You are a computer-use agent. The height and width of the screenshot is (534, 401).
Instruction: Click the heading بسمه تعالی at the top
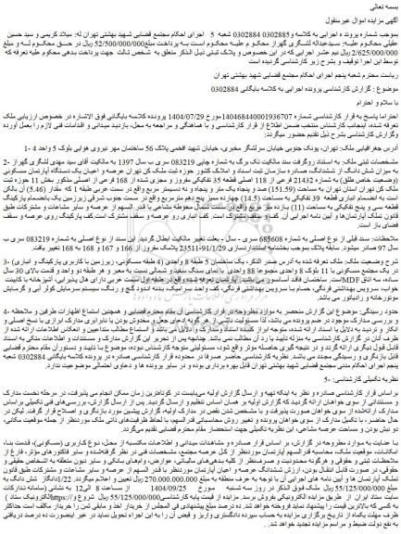tap(370, 6)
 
